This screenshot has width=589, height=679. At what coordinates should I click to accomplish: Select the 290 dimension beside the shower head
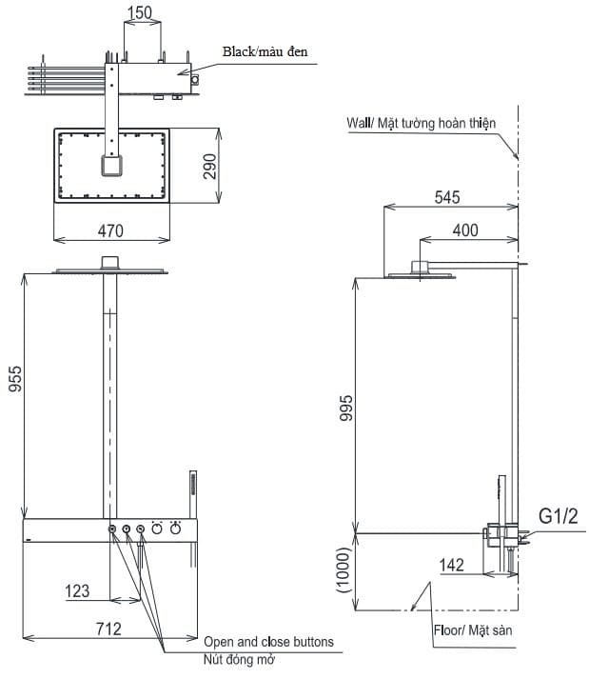[x=211, y=166]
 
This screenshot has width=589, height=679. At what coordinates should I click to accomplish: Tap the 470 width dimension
[x=112, y=230]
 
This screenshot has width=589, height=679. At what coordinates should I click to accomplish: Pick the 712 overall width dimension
[x=108, y=629]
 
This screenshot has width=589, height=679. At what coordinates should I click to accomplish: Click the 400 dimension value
[x=465, y=230]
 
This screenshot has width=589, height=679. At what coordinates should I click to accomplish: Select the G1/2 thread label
[x=559, y=516]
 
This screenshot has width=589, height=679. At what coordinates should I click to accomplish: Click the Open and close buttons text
[x=268, y=642]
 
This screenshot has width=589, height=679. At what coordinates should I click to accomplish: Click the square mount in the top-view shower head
[x=112, y=167]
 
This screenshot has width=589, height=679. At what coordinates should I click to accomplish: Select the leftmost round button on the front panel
[x=112, y=529]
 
